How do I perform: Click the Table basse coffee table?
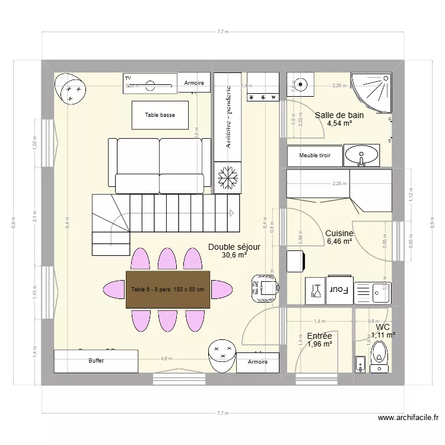point(160,115)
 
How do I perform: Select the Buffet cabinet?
point(96,361)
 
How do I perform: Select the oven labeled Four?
point(338,290)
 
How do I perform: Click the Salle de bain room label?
point(339,115)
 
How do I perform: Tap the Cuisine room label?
point(339,234)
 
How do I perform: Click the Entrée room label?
point(319,336)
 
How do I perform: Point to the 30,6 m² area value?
point(234,255)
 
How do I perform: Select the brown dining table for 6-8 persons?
point(168,289)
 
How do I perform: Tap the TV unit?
point(151,84)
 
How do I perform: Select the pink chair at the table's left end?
point(114,290)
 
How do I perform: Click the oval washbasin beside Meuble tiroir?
point(362,155)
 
